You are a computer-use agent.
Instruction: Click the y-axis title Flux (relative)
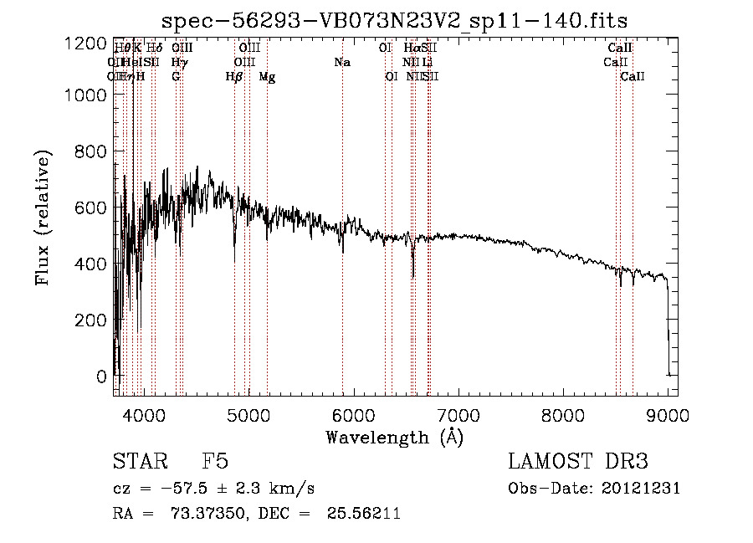(43, 218)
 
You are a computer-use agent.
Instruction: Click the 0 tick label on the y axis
(102, 377)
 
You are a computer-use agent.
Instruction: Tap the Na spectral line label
(341, 63)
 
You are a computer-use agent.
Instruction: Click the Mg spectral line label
(267, 77)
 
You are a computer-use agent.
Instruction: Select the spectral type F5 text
(215, 463)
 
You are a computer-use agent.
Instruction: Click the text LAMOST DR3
(577, 463)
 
